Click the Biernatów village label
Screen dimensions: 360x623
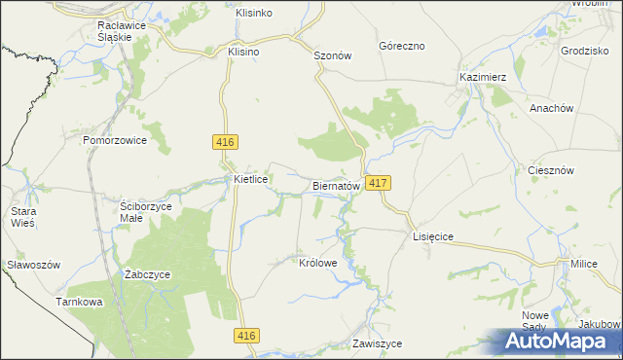pos(337,185)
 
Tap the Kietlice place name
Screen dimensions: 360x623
pos(251,180)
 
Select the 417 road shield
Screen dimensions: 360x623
pos(380,183)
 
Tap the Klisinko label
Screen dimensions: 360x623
pos(253,13)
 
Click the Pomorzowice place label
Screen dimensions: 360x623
pos(114,140)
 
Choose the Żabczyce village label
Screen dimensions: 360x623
pos(148,274)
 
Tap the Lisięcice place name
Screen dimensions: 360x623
pos(433,236)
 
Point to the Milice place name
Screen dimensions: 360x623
pos(584,265)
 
